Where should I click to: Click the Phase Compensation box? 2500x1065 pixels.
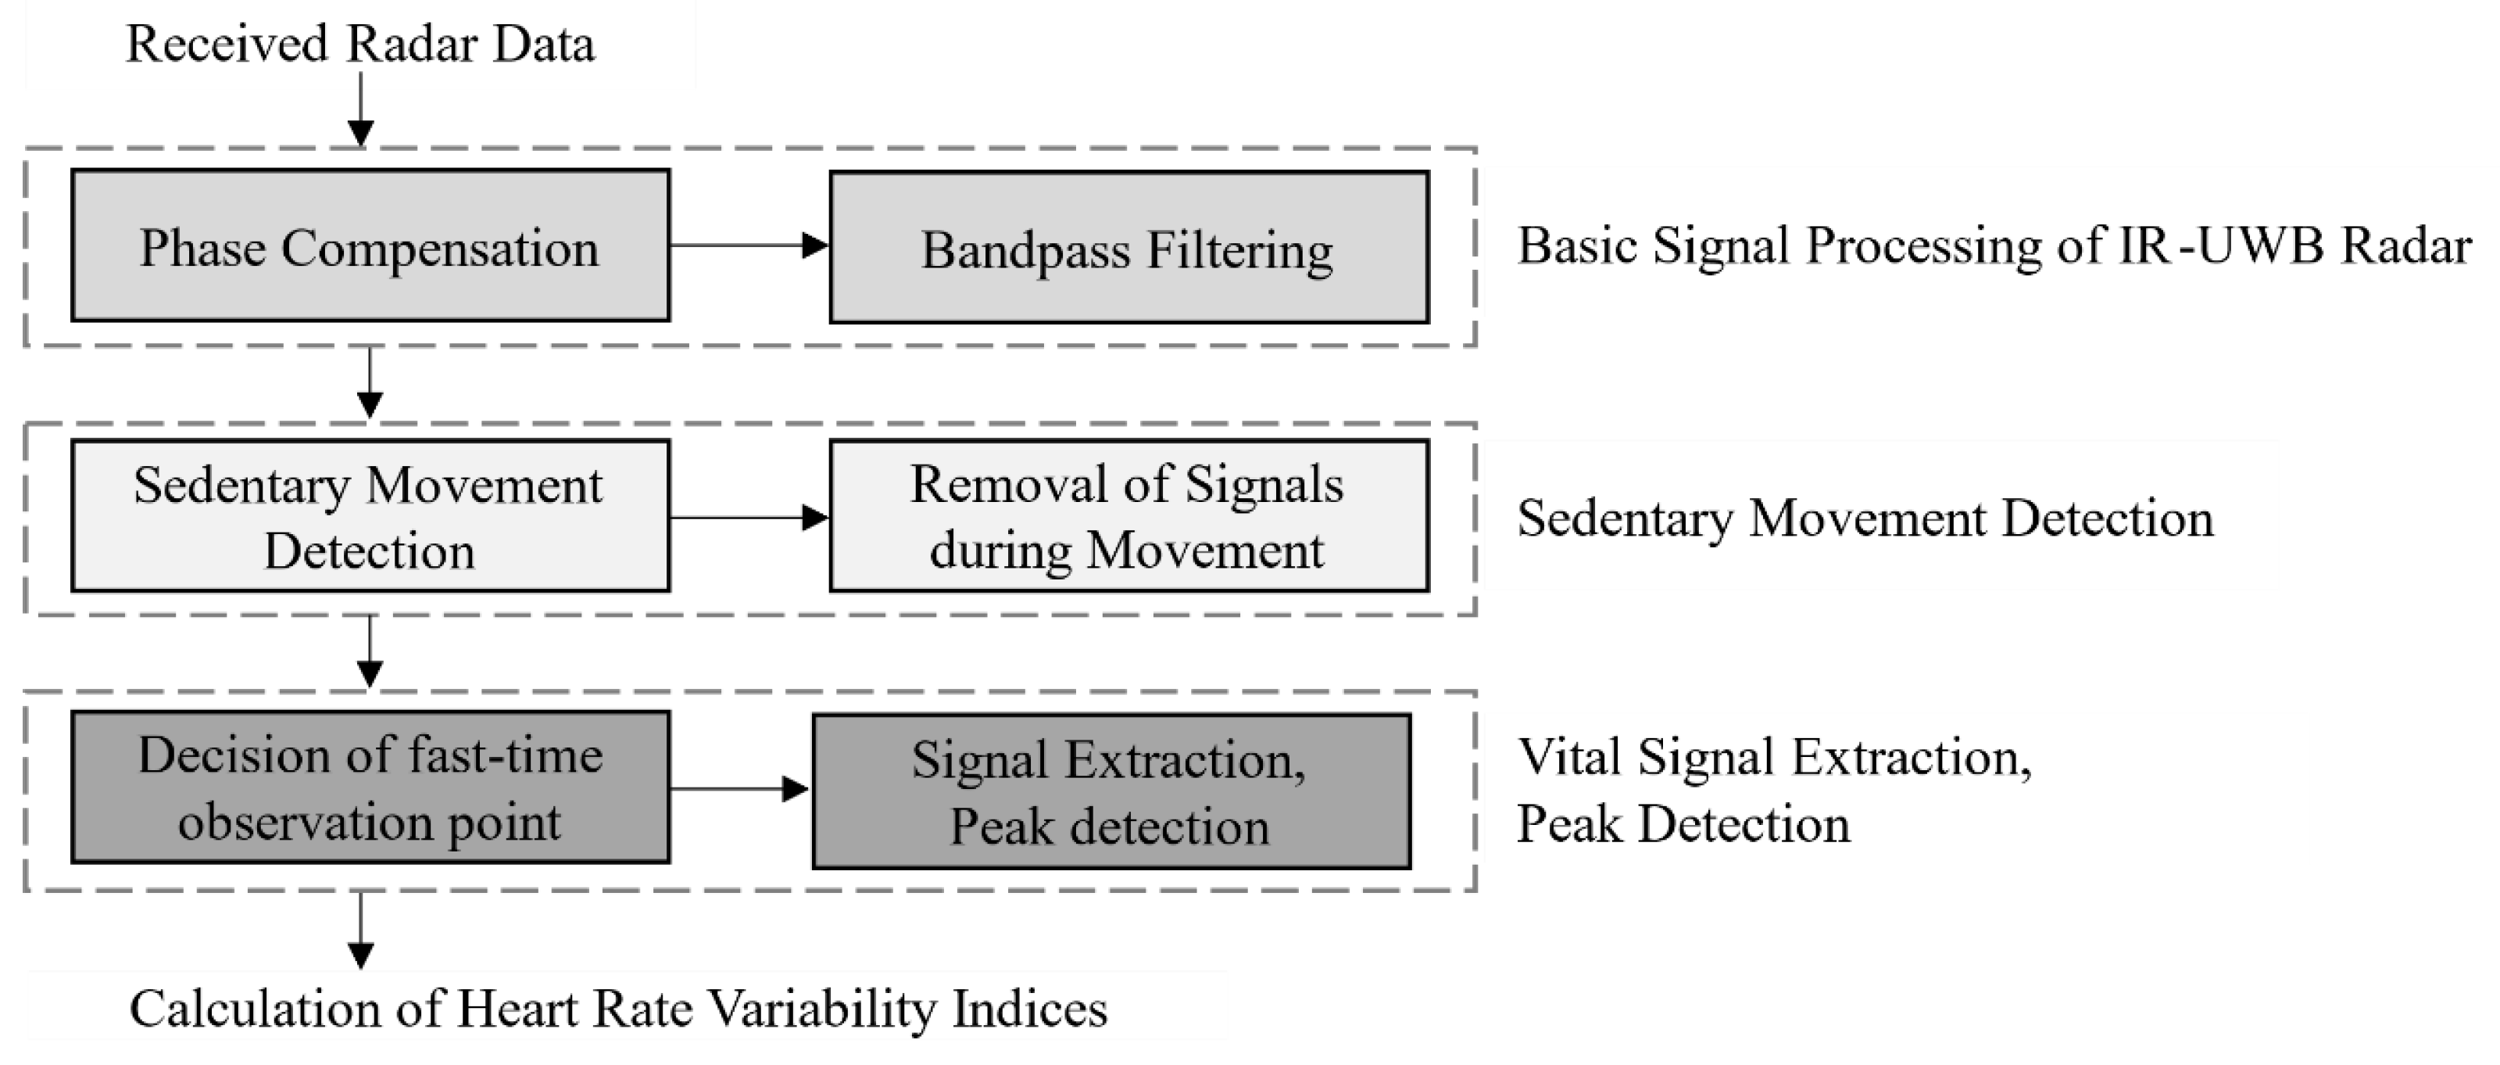pos(370,246)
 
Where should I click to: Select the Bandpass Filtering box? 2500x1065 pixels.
pos(1128,248)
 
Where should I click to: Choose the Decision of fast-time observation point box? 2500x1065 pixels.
pos(370,787)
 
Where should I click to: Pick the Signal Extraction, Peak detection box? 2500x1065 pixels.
pos(1111,791)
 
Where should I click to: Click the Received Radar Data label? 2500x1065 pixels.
pos(360,45)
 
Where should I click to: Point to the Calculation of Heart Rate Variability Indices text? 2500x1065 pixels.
pos(618,1008)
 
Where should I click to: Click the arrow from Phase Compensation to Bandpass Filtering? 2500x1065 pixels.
pos(748,246)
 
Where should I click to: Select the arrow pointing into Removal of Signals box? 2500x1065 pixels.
pos(748,518)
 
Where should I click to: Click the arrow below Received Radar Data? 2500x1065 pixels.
pos(360,109)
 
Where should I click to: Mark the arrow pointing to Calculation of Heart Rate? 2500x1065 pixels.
pos(360,929)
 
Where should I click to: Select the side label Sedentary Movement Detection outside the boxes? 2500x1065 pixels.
pos(1865,518)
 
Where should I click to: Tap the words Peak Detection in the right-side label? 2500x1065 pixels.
pos(1683,823)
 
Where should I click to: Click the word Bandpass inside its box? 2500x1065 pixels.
pos(1025,250)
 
